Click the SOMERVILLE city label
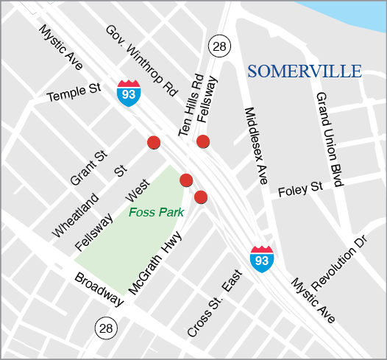tap(305, 71)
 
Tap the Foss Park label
tap(156, 213)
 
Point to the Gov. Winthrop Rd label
tap(142, 62)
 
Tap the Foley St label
tap(301, 190)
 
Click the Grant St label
tap(89, 169)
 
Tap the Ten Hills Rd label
tap(190, 105)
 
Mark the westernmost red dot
tap(154, 143)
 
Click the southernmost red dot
tap(200, 197)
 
